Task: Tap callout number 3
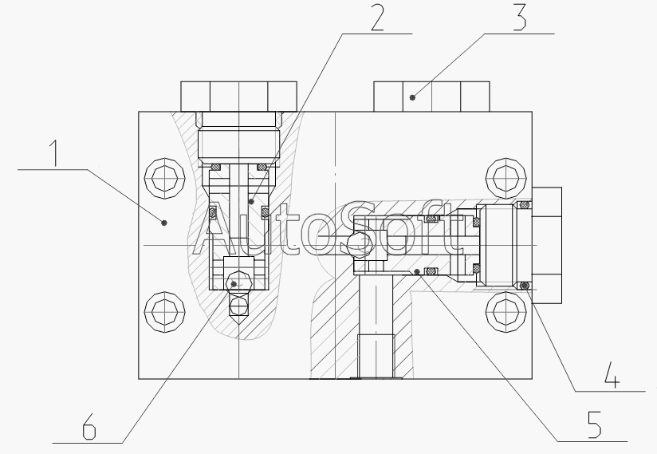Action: tap(519, 18)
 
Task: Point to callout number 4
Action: tap(612, 374)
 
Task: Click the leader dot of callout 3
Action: tap(412, 97)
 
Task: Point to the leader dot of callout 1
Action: tap(164, 223)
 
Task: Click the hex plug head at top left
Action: tap(238, 95)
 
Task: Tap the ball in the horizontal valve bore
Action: tap(358, 245)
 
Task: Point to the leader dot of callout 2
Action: tap(250, 203)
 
